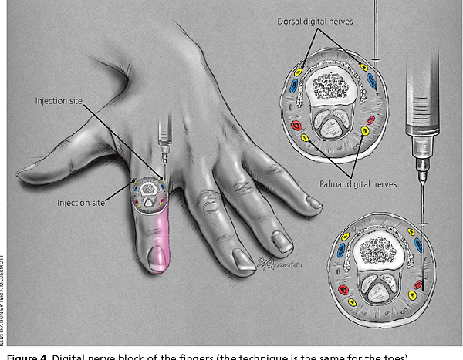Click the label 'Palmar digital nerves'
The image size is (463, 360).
pyautogui.click(x=358, y=184)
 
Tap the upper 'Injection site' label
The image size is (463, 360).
pyautogui.click(x=59, y=101)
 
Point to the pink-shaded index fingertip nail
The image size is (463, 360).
pyautogui.click(x=156, y=260)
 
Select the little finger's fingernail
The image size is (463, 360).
pyautogui.click(x=313, y=201)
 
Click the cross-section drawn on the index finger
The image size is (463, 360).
pyautogui.click(x=148, y=194)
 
